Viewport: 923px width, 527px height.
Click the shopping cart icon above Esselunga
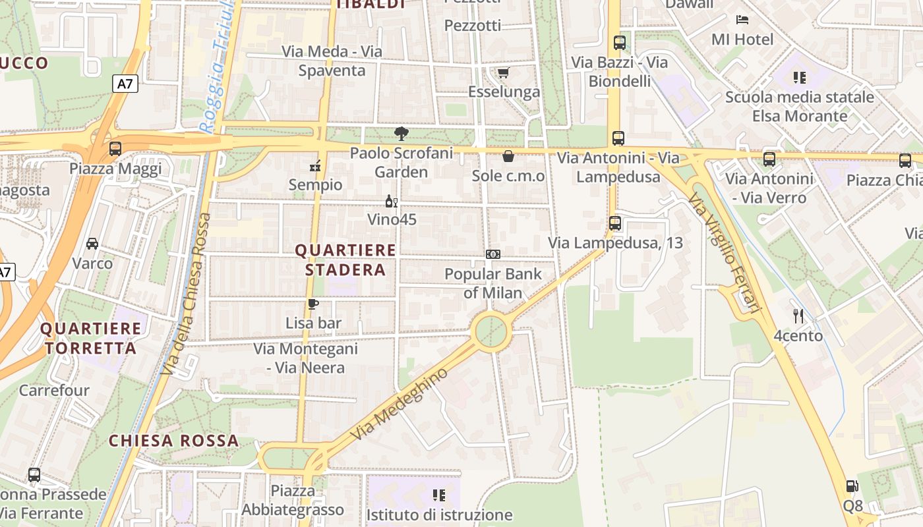pyautogui.click(x=503, y=72)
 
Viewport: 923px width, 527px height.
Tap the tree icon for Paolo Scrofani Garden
pyautogui.click(x=401, y=134)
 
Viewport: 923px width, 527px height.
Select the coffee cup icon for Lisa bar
pyautogui.click(x=313, y=304)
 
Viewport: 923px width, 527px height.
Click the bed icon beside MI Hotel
pyautogui.click(x=742, y=20)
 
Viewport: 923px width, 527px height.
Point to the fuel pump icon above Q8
pyautogui.click(x=852, y=487)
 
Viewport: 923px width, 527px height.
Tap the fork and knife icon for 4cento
pyautogui.click(x=798, y=316)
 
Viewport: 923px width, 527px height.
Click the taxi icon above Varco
pyautogui.click(x=92, y=244)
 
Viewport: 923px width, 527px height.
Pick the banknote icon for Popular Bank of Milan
pyautogui.click(x=493, y=254)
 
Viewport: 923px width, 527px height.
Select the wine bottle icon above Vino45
pyautogui.click(x=392, y=200)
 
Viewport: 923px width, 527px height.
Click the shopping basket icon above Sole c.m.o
pyautogui.click(x=508, y=156)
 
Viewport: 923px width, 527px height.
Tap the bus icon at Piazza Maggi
pyautogui.click(x=115, y=149)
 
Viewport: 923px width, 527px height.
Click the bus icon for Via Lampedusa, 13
pyautogui.click(x=615, y=223)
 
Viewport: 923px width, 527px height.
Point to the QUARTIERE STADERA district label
pyautogui.click(x=345, y=260)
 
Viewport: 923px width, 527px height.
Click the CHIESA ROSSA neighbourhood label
pyautogui.click(x=173, y=441)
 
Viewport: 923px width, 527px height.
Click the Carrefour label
pyautogui.click(x=54, y=391)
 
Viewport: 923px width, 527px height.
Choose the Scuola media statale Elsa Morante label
pyautogui.click(x=800, y=107)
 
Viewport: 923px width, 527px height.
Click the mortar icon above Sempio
pyautogui.click(x=316, y=165)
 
